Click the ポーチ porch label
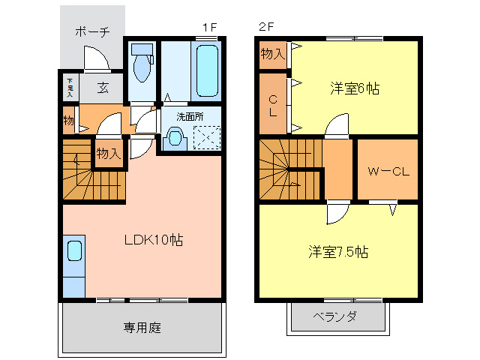click(92, 31)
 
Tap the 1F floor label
click(209, 27)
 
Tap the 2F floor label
click(266, 27)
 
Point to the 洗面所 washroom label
click(190, 117)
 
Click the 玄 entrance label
click(102, 87)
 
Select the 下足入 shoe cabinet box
click(70, 88)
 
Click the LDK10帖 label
click(154, 241)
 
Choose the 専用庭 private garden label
click(142, 328)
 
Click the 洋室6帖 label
click(355, 88)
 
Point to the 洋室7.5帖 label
click(337, 251)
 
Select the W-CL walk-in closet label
click(388, 171)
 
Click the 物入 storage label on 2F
click(272, 53)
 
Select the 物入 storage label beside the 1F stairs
click(108, 154)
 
